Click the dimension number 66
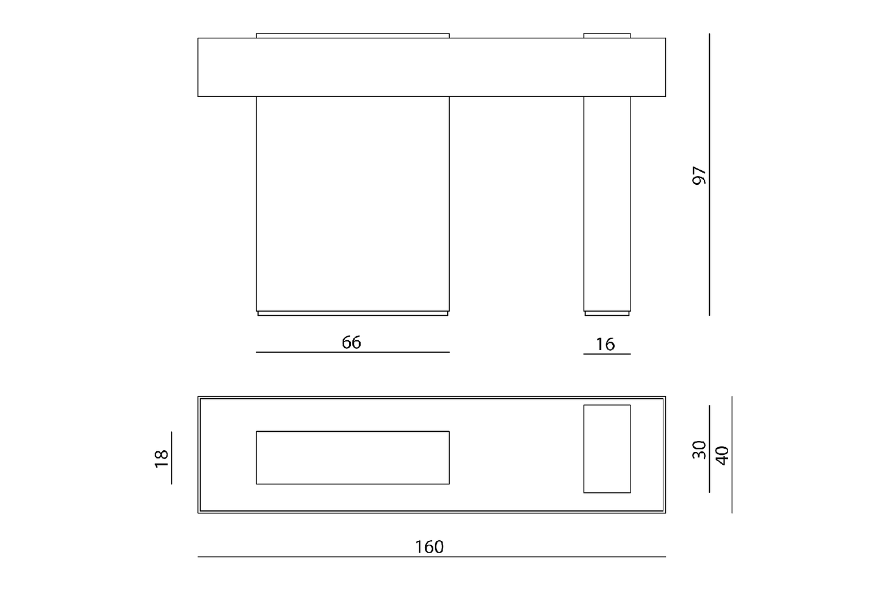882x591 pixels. tap(351, 343)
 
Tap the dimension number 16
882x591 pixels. tap(605, 345)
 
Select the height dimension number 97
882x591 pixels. tap(699, 176)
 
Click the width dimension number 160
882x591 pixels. tap(429, 547)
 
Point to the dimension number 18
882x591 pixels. tap(161, 458)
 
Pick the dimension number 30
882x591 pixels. tap(699, 450)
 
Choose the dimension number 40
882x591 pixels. tap(722, 455)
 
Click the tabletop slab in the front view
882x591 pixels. tap(431, 67)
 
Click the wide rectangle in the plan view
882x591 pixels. tap(352, 457)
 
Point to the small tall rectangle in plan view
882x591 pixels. tap(607, 448)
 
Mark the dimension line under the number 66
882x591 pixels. tap(352, 353)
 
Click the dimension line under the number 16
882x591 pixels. tap(607, 354)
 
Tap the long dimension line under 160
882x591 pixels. tap(431, 557)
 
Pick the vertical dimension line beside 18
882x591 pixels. tap(172, 458)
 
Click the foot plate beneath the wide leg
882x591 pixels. tap(352, 313)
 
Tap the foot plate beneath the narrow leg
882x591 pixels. tap(607, 313)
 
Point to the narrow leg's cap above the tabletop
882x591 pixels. tap(607, 35)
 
